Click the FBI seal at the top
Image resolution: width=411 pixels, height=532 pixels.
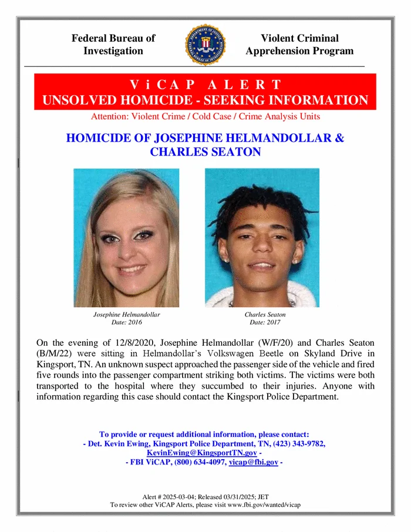click(205, 45)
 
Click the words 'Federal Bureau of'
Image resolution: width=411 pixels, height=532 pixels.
click(113, 38)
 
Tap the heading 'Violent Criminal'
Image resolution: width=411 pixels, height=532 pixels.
click(299, 38)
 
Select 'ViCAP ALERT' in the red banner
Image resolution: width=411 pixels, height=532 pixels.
click(205, 84)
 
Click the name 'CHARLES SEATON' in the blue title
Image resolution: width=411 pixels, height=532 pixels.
click(205, 152)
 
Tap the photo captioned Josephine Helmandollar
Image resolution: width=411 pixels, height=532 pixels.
click(126, 238)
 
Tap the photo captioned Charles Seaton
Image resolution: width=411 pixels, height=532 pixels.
click(262, 238)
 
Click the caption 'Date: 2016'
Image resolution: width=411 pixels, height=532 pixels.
click(126, 322)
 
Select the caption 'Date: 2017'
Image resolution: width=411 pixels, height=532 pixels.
click(265, 322)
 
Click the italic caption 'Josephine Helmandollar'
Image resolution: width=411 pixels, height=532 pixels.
click(126, 315)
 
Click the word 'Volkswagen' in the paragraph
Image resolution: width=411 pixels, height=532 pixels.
click(271, 353)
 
